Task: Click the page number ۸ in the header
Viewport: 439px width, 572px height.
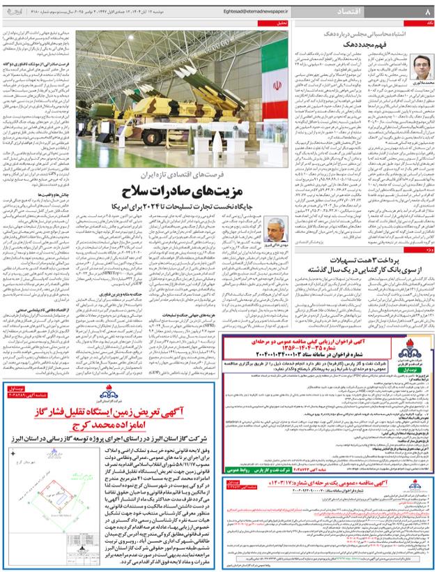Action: (x=426, y=12)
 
